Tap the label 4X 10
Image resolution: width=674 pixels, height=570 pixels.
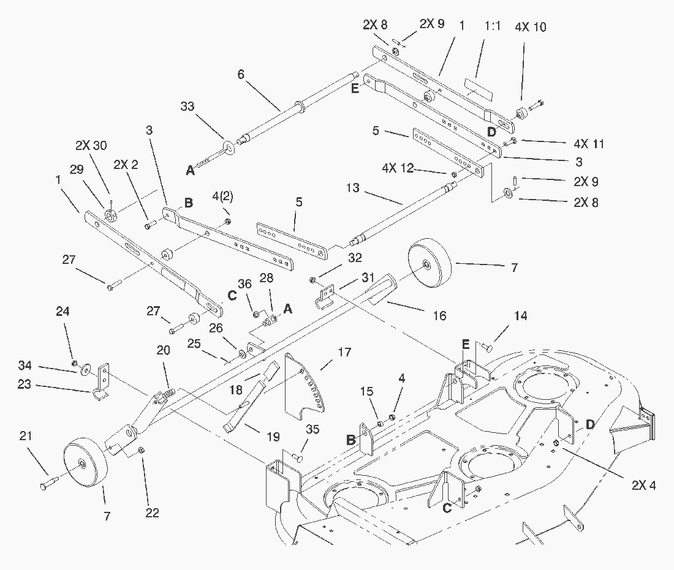pyautogui.click(x=531, y=28)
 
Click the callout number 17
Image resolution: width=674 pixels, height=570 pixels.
pyautogui.click(x=345, y=353)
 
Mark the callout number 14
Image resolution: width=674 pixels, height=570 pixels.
pyautogui.click(x=520, y=317)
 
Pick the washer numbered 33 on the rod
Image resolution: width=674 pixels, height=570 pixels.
pyautogui.click(x=231, y=146)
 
